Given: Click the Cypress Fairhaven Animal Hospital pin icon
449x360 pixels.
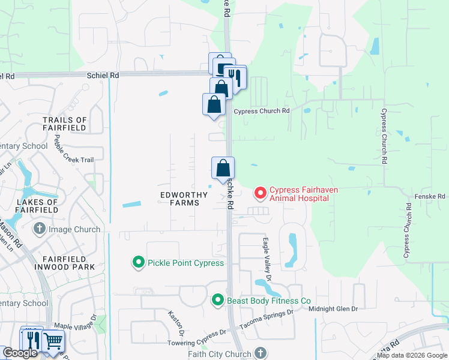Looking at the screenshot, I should pos(261,193).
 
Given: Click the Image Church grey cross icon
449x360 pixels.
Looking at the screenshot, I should pos(40,229).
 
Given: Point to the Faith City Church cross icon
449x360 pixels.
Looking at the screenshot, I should pos(261,353).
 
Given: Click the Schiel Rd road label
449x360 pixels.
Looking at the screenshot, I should pos(103,76).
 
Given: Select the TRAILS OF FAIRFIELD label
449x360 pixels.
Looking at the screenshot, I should pos(65,124).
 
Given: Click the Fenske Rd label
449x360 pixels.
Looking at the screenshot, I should pos(429,196).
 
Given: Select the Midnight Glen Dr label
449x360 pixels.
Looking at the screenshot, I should pos(333,308).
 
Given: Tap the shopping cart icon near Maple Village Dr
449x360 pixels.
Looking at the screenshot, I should pos(53,341).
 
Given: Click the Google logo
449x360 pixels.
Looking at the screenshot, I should pos(20,353).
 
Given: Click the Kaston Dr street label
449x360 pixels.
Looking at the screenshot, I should pos(176,323).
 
